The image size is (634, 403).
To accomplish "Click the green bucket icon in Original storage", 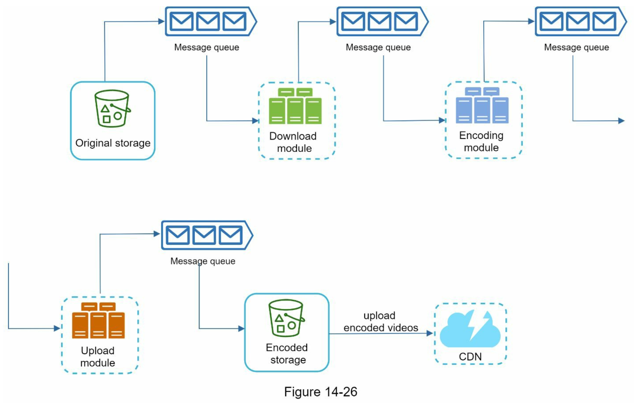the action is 112,108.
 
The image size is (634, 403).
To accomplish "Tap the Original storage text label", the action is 113,143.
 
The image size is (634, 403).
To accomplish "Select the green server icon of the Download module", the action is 295,106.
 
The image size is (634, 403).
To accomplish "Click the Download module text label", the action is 293,142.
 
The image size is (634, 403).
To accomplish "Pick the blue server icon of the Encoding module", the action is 482,105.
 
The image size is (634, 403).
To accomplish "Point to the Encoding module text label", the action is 481,141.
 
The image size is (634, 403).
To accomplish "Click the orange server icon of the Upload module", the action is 98,320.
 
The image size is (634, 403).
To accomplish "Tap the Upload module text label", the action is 98,356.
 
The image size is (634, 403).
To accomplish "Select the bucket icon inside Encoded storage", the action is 286,318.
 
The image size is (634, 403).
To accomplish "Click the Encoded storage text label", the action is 287,353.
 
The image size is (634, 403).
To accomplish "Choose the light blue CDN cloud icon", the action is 470,329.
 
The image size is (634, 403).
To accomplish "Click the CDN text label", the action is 470,357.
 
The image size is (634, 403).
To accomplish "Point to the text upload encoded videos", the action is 381,322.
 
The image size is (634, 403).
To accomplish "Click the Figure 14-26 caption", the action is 321,392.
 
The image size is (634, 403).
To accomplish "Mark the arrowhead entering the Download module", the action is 256,121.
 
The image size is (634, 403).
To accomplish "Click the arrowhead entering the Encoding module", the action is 443,120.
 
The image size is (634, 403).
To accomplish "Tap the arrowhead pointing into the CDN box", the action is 430,333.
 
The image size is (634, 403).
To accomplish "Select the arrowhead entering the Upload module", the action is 57,328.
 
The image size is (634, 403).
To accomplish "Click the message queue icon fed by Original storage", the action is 211,21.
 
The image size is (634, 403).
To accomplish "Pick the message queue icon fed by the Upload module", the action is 207,235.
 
